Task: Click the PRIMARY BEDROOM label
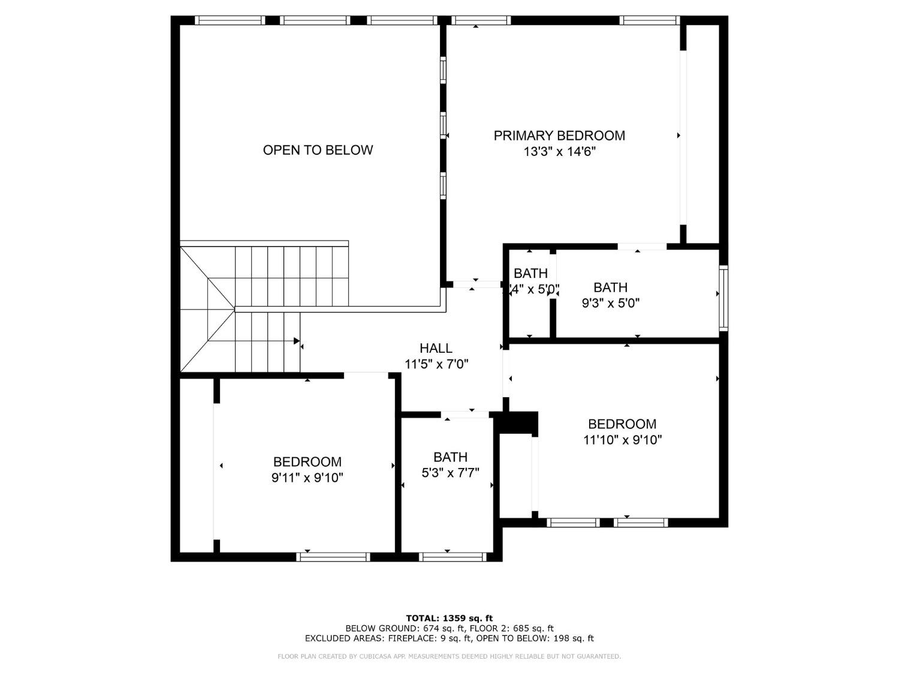[559, 136]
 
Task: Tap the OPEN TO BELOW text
[318, 150]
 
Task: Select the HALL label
[436, 348]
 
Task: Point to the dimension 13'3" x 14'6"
[559, 152]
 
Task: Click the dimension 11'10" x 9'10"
[622, 440]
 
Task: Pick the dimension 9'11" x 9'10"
[307, 478]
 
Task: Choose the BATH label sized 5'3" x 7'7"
[450, 457]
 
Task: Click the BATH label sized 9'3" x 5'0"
[610, 287]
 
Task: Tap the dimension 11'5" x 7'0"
[436, 364]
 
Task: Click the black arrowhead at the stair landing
[296, 341]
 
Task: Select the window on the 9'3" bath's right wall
[723, 298]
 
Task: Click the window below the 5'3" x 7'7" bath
[452, 557]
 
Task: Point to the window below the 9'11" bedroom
[333, 557]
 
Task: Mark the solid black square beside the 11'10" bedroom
[519, 422]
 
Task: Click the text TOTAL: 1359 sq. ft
[449, 618]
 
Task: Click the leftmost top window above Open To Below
[230, 20]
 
